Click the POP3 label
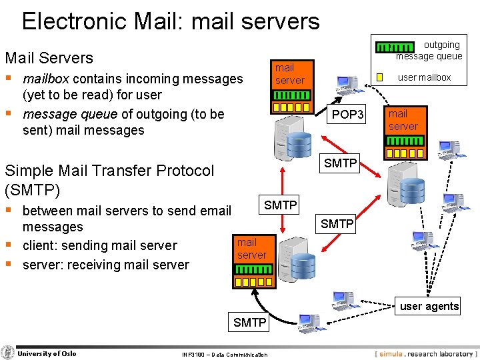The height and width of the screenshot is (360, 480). tap(348, 115)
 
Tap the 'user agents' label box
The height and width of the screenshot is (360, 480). tap(429, 306)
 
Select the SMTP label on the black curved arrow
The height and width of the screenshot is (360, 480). tap(250, 323)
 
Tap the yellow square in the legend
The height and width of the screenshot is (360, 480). tap(379, 77)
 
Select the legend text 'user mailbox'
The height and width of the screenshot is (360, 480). tap(424, 77)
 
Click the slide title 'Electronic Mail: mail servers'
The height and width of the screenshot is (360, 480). tap(171, 21)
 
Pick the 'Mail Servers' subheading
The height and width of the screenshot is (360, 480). tap(49, 58)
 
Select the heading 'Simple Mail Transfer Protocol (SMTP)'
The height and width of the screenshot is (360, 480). tap(109, 180)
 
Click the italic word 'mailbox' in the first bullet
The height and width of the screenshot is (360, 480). tap(46, 79)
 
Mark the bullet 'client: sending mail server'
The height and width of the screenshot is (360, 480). tap(99, 245)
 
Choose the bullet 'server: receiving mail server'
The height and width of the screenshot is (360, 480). tap(105, 265)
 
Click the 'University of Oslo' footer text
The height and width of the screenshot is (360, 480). tap(47, 353)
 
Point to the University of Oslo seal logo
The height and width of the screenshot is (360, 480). tap(8, 353)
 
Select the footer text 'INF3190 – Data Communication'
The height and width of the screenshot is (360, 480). tap(224, 355)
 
